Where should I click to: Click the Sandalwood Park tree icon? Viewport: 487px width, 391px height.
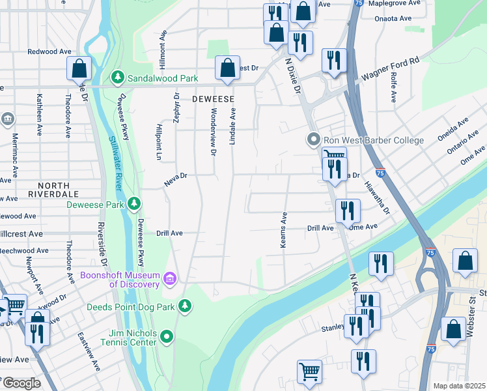118,78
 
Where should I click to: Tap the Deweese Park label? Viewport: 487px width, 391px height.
96,205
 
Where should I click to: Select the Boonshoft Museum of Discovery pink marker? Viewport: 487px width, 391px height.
170,280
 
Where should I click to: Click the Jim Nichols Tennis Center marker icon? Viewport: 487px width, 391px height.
167,337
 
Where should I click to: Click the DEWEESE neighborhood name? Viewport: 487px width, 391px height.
212,98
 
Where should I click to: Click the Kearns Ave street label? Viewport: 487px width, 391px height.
284,228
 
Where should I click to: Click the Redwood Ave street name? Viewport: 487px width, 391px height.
49,51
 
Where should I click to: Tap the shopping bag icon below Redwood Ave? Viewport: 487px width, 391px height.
79,68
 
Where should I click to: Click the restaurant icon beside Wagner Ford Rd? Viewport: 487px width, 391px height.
334,61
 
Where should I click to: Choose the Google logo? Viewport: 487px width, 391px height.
21,383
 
